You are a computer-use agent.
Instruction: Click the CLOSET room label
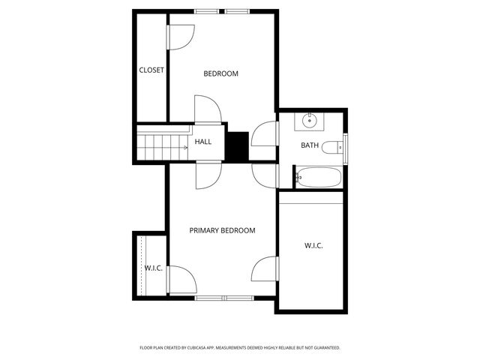(151, 70)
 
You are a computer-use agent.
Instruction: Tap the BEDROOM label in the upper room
(221, 73)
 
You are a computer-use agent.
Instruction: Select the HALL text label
(203, 141)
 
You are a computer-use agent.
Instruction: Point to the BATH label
(310, 145)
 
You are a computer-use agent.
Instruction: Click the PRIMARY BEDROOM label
(222, 231)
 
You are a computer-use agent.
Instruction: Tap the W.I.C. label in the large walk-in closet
(313, 245)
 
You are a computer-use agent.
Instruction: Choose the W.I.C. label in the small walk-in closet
(154, 268)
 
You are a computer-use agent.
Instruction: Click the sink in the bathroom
(310, 120)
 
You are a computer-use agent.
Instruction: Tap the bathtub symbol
(318, 178)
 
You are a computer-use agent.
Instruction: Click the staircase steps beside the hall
(162, 143)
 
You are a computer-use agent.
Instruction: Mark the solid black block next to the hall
(238, 145)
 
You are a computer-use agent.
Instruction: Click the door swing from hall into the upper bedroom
(208, 109)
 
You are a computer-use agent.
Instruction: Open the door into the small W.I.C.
(181, 280)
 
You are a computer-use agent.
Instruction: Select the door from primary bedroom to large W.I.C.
(265, 268)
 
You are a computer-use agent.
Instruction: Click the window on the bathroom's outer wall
(345, 148)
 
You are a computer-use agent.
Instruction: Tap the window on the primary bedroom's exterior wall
(224, 298)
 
